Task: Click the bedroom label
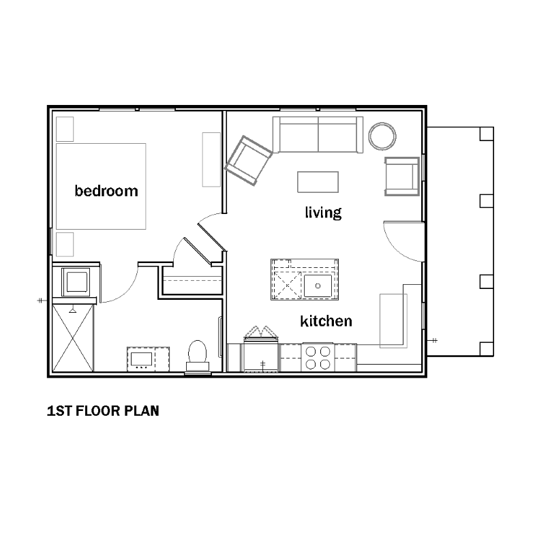[106, 191]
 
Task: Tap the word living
[323, 212]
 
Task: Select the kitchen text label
[326, 321]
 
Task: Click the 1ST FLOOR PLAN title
[103, 411]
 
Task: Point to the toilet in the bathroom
[198, 356]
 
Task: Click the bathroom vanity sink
[141, 359]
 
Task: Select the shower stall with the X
[73, 338]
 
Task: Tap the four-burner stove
[318, 357]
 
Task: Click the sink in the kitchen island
[318, 286]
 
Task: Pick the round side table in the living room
[382, 136]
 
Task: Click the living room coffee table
[318, 182]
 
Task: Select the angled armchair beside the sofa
[248, 161]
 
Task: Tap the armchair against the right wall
[402, 177]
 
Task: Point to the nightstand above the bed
[65, 129]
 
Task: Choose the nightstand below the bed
[65, 244]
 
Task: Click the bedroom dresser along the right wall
[211, 159]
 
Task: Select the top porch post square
[487, 134]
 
